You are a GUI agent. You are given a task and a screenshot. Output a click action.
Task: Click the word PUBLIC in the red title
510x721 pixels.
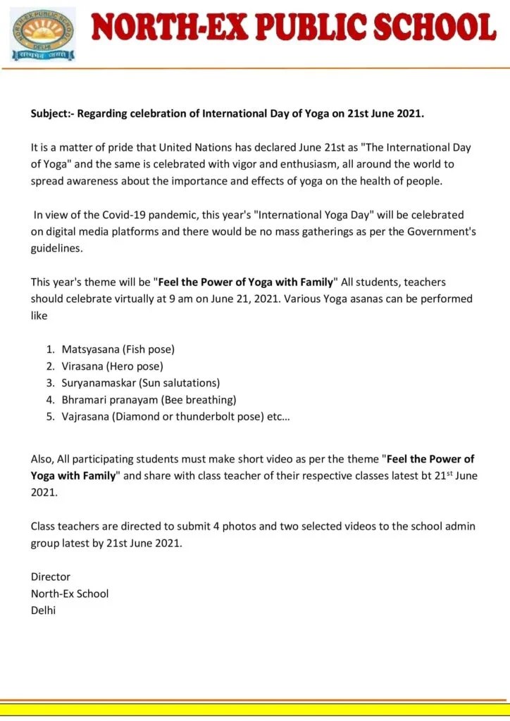click(306, 29)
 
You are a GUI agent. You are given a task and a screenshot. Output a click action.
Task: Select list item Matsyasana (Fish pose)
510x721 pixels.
click(118, 349)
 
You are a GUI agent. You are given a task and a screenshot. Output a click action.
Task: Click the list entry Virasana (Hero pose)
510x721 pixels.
click(112, 366)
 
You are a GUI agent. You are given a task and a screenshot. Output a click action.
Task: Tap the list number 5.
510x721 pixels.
click(50, 417)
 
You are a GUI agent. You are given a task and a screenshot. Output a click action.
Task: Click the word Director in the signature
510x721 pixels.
click(51, 577)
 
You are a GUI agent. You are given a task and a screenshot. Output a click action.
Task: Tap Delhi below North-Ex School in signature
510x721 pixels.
click(43, 610)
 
